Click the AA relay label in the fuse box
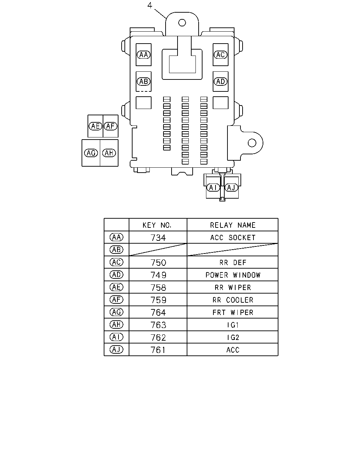point(143,55)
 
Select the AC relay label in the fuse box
point(220,55)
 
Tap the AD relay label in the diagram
point(220,81)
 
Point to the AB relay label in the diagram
point(143,81)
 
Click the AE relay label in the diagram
point(95,126)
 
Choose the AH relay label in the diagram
point(109,153)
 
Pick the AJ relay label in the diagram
point(231,188)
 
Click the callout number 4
point(150,5)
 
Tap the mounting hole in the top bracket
point(182,22)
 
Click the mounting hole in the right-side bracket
point(252,143)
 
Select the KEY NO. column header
point(157,225)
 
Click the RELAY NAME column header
point(233,225)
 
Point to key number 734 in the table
point(158,238)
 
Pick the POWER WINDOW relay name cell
point(233,275)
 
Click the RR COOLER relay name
point(233,300)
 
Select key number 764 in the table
point(158,313)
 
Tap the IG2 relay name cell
point(233,337)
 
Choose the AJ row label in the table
point(116,349)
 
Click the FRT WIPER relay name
point(233,313)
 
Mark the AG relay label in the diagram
point(91,153)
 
